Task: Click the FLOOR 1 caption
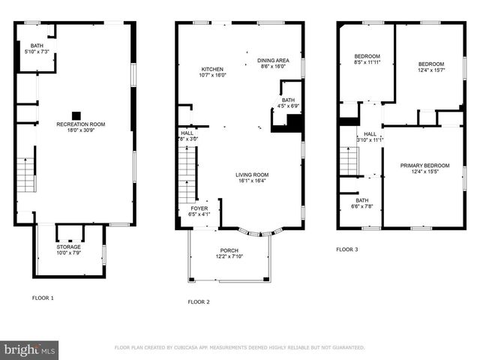pyautogui.click(x=43, y=298)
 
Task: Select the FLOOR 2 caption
pyautogui.click(x=199, y=301)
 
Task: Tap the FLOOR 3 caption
pyautogui.click(x=346, y=249)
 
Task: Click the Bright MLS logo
pyautogui.click(x=29, y=349)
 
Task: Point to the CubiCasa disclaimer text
pyautogui.click(x=239, y=348)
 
